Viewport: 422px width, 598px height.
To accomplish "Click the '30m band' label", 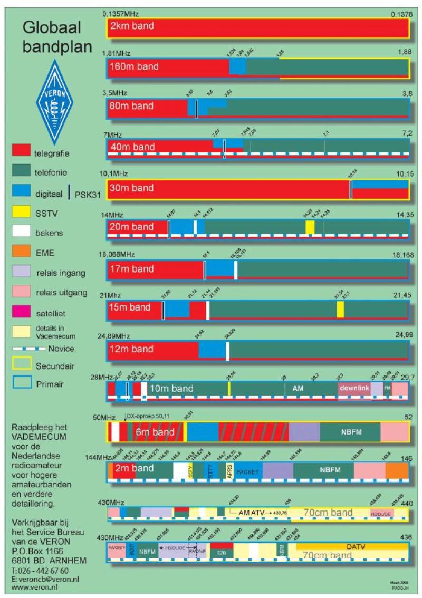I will [131, 188].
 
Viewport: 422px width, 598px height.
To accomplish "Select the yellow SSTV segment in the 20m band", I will [310, 227].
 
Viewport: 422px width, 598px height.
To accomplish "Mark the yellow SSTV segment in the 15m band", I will [341, 310].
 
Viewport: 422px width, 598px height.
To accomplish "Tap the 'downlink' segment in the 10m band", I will [354, 388].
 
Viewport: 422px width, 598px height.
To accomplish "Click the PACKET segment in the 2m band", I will [248, 472].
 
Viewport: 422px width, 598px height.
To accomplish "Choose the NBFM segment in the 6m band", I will [350, 432].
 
